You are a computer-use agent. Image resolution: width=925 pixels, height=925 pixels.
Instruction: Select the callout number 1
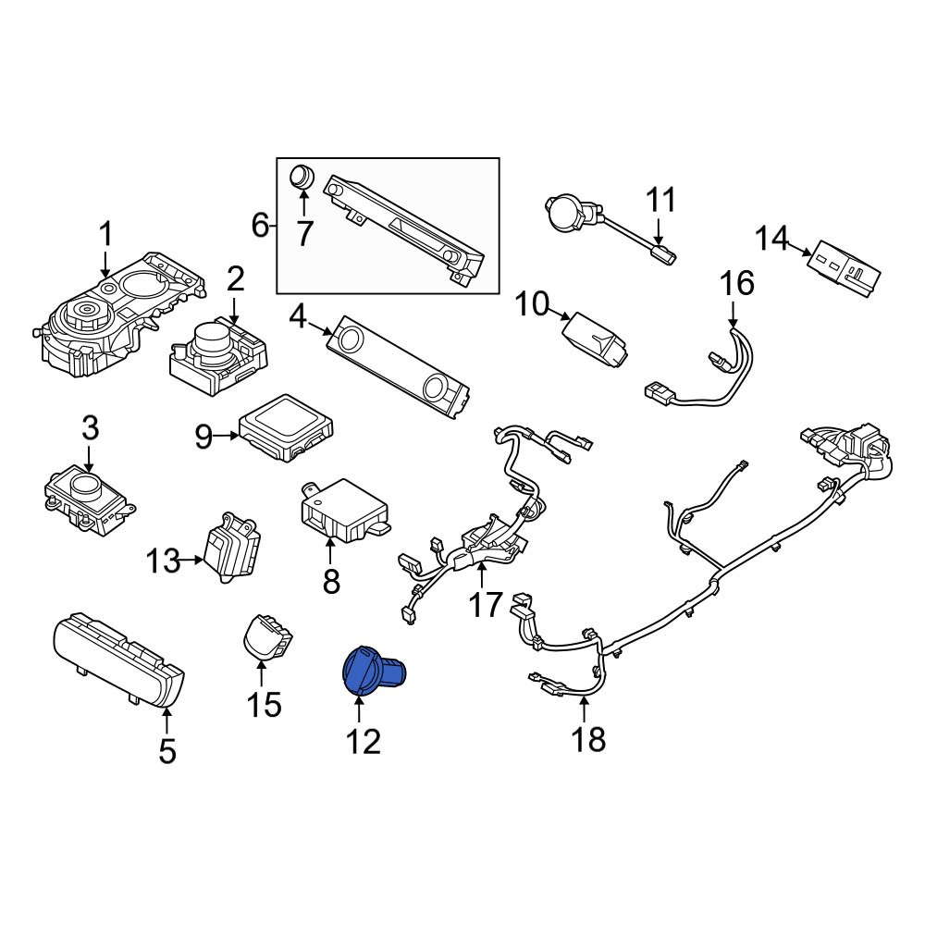point(105,234)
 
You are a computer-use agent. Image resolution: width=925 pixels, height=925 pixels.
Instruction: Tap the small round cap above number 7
point(302,176)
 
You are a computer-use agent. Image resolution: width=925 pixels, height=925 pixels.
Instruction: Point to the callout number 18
point(588,738)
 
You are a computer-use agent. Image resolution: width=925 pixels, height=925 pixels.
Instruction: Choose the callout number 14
point(771,239)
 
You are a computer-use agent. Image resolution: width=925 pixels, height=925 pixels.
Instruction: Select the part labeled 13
point(232,548)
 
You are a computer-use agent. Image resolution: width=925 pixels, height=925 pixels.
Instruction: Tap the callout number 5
point(167,751)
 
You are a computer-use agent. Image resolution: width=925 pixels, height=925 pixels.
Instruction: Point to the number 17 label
point(485,604)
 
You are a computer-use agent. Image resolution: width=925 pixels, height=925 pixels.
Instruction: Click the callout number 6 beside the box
point(260,225)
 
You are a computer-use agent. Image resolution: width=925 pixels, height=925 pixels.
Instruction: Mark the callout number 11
point(660,200)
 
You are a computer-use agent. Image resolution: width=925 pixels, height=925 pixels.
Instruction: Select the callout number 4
point(297,318)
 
